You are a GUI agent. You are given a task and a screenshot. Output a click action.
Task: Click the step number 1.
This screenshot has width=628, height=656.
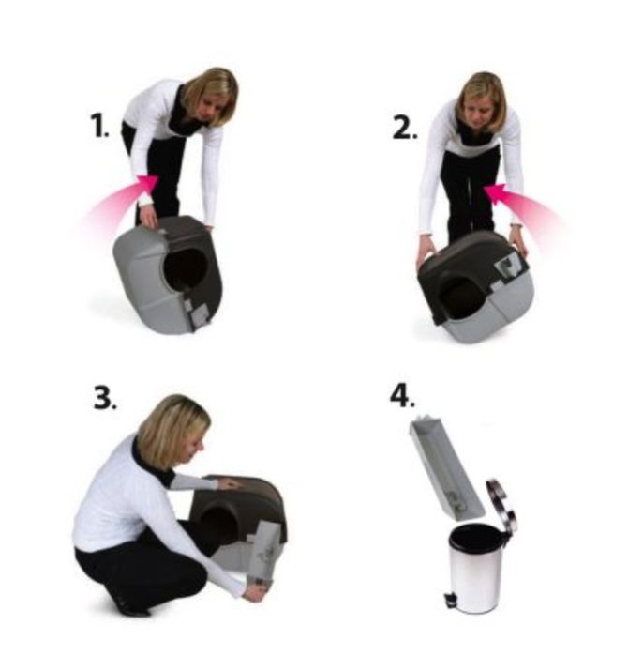click(x=100, y=126)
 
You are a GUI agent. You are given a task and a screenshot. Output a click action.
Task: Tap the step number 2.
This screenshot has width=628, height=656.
click(x=404, y=128)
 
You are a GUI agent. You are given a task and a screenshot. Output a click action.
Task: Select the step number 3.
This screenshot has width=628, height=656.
click(x=105, y=398)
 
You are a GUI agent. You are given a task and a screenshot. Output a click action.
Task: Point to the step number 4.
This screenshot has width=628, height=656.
click(x=402, y=396)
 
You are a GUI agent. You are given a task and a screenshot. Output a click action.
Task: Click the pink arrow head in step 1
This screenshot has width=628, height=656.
click(x=148, y=183)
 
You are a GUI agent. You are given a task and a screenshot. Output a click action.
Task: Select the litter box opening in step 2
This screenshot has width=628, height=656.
click(x=459, y=297)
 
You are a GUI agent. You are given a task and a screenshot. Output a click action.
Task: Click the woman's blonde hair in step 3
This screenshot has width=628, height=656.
click(x=171, y=431)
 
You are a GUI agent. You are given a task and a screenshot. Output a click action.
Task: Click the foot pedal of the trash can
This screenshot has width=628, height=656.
click(x=450, y=600)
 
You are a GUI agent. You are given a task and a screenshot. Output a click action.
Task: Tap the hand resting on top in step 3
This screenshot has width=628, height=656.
click(x=229, y=484)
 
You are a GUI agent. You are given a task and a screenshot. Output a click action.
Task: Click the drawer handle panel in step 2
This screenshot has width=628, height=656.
click(x=509, y=266)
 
